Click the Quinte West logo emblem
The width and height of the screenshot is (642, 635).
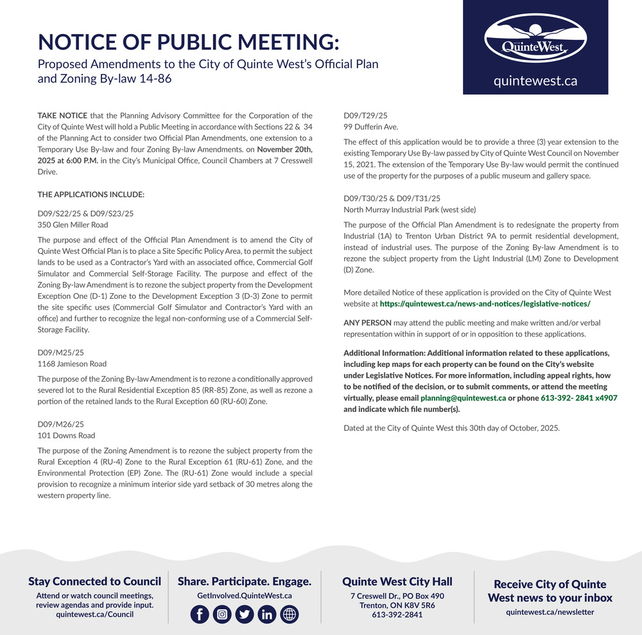pyautogui.click(x=535, y=39)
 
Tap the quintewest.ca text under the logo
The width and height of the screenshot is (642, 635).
pyautogui.click(x=535, y=81)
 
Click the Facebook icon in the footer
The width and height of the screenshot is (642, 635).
pyautogui.click(x=200, y=614)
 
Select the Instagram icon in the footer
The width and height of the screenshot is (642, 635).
pyautogui.click(x=222, y=614)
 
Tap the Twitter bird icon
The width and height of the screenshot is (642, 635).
pyautogui.click(x=245, y=614)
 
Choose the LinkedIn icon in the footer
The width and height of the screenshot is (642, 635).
pyautogui.click(x=267, y=614)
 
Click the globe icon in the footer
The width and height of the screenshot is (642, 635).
pyautogui.click(x=290, y=614)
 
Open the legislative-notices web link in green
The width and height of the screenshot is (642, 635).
pyautogui.click(x=485, y=303)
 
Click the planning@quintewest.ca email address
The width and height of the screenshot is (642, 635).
pyautogui.click(x=463, y=398)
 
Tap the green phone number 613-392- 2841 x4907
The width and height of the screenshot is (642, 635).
pyautogui.click(x=579, y=398)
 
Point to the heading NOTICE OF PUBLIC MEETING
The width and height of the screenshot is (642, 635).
pyautogui.click(x=188, y=42)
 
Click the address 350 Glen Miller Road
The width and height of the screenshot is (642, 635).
pyautogui.click(x=73, y=225)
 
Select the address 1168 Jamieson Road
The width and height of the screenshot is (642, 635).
pyautogui.click(x=72, y=364)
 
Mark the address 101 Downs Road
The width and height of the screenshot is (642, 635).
pyautogui.click(x=66, y=436)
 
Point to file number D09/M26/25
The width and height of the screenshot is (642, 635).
pyautogui.click(x=61, y=424)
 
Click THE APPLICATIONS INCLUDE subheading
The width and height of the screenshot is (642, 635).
pyautogui.click(x=91, y=194)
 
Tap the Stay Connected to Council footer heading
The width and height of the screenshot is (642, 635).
pyautogui.click(x=94, y=582)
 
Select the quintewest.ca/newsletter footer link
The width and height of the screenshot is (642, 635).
pyautogui.click(x=550, y=612)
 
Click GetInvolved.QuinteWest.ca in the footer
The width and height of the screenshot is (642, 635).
pyautogui.click(x=244, y=596)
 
